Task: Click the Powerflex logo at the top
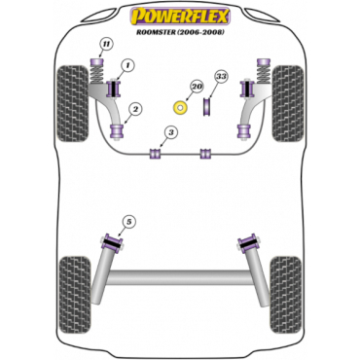(x=180, y=17)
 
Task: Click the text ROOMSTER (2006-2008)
(x=180, y=32)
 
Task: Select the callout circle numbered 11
(x=105, y=44)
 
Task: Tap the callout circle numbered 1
(x=127, y=66)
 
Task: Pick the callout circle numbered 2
(x=135, y=110)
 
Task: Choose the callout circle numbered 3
(x=170, y=132)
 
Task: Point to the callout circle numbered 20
(x=197, y=87)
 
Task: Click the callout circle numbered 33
(x=221, y=77)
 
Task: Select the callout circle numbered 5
(x=129, y=222)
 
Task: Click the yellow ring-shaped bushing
(x=180, y=107)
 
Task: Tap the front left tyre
(x=72, y=103)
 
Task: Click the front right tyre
(x=288, y=103)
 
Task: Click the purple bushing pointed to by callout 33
(x=206, y=106)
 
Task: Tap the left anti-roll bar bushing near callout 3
(x=156, y=154)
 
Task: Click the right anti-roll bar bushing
(x=205, y=154)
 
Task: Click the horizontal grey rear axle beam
(x=180, y=278)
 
